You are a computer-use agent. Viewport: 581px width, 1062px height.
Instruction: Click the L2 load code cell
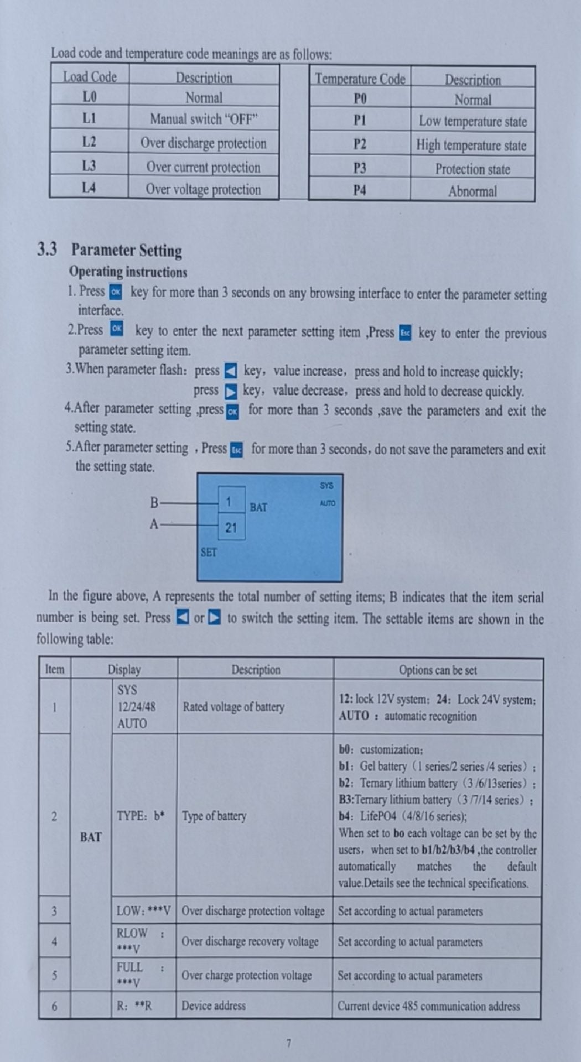[89, 142]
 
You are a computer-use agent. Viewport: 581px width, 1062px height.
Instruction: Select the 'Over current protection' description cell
[203, 166]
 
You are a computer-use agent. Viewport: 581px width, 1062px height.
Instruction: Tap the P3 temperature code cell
[360, 168]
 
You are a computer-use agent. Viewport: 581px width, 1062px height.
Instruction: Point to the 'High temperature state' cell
[471, 145]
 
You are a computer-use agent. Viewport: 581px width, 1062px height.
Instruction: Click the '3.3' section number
[47, 249]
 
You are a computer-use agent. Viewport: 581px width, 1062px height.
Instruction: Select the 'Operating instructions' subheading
[128, 272]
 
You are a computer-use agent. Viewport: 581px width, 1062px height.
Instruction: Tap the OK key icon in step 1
[116, 292]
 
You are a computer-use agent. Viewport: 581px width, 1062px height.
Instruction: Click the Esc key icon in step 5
[236, 450]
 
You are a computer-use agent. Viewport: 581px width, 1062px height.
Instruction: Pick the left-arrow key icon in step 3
[231, 371]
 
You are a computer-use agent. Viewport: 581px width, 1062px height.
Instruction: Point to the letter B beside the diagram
[154, 503]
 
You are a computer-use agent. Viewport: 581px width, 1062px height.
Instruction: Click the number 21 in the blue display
[231, 528]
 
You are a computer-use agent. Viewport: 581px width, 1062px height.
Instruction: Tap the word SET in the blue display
[209, 552]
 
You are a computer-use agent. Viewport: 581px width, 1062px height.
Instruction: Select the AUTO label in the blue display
[327, 503]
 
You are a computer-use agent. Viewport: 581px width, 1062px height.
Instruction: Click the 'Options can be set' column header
[438, 670]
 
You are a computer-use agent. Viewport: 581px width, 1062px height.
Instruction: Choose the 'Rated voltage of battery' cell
[233, 707]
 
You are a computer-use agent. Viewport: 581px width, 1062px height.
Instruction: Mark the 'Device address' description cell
[214, 1006]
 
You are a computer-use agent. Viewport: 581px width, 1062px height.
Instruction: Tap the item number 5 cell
[54, 975]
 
